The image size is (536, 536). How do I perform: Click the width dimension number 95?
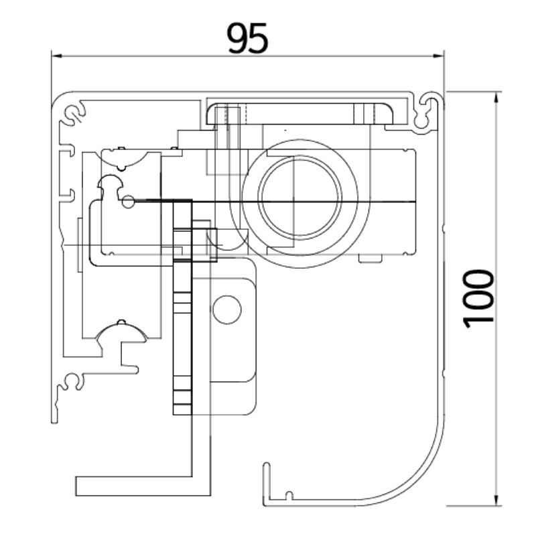[x=247, y=38]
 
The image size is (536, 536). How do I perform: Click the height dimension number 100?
[x=480, y=297]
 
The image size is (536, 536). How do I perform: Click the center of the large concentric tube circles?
[x=292, y=202]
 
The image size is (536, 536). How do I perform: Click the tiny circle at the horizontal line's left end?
[x=129, y=200]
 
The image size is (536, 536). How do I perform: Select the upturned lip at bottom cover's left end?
[x=266, y=479]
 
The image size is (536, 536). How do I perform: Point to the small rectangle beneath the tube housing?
[x=370, y=258]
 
